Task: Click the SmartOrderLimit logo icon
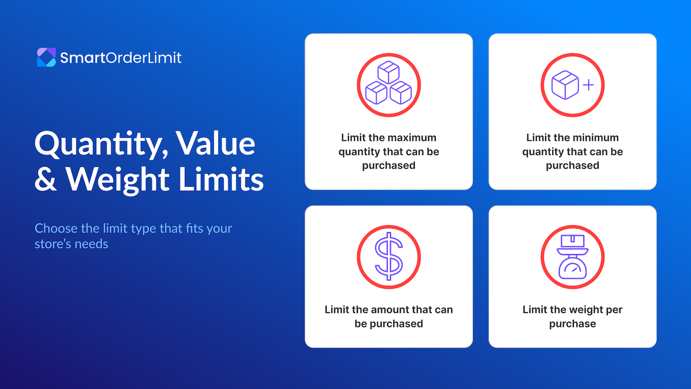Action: coord(46,57)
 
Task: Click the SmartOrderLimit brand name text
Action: coord(121,58)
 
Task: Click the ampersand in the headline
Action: coord(45,179)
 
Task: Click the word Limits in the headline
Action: coord(221,179)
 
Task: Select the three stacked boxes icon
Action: coord(389,85)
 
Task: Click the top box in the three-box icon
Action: coord(389,72)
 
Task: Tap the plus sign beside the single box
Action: coord(588,85)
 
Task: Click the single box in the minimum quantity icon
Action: coord(565,85)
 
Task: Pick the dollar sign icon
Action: coord(389,257)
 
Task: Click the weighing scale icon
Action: coord(573,257)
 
